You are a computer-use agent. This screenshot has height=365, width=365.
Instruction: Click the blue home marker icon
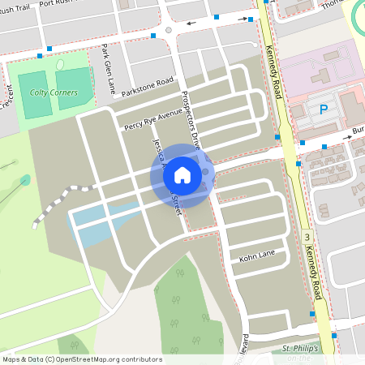pyautogui.click(x=182, y=174)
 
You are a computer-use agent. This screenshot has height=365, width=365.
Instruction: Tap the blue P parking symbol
pyautogui.click(x=324, y=109)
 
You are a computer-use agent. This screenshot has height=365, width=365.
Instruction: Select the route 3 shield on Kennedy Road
pyautogui.click(x=307, y=237)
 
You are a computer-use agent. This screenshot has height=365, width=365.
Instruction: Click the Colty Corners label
pyautogui.click(x=54, y=92)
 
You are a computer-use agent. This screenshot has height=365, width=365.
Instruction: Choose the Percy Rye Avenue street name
pyautogui.click(x=153, y=120)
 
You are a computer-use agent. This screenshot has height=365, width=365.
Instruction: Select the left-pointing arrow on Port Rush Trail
pyautogui.click(x=191, y=23)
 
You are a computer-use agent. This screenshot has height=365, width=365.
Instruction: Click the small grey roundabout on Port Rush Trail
pyautogui.click(x=169, y=30)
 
